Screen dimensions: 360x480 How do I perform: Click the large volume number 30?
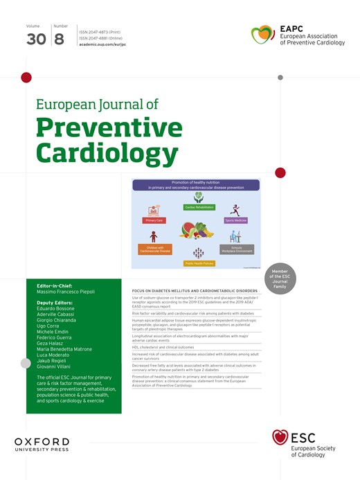36,39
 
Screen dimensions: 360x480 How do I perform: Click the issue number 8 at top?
58,39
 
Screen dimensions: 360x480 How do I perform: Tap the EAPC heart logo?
262,33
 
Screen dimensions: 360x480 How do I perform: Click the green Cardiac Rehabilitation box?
199,207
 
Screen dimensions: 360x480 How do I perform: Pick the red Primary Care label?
154,220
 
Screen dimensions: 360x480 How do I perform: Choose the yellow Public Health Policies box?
198,263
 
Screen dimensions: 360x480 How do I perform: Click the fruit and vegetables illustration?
198,231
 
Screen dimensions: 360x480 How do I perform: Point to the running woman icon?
235,209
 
